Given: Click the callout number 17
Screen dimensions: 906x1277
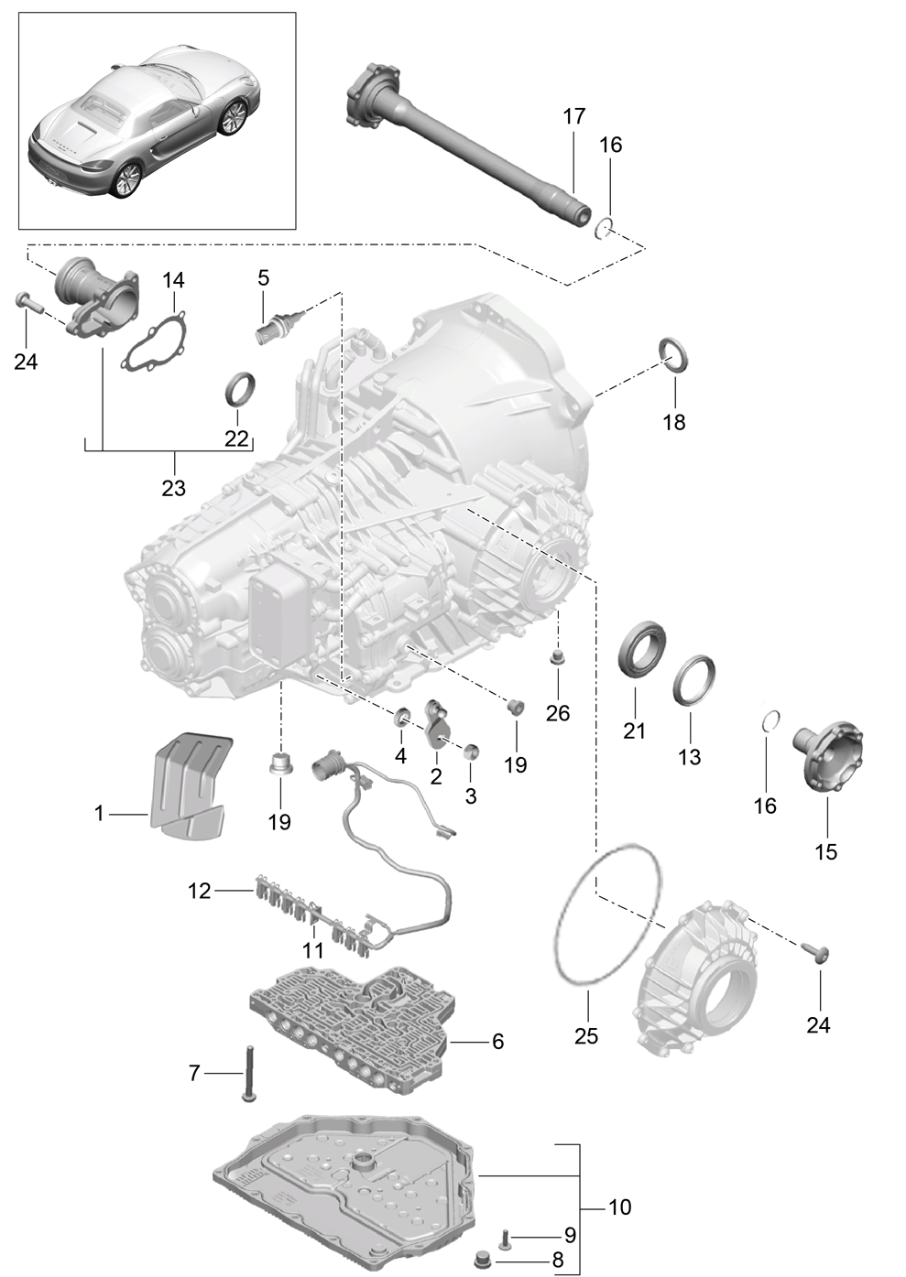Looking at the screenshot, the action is click(574, 116).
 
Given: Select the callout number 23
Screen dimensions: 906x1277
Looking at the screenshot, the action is click(173, 488).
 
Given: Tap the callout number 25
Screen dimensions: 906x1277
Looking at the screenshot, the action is click(586, 1035).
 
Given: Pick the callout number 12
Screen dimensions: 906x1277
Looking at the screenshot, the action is click(200, 891).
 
